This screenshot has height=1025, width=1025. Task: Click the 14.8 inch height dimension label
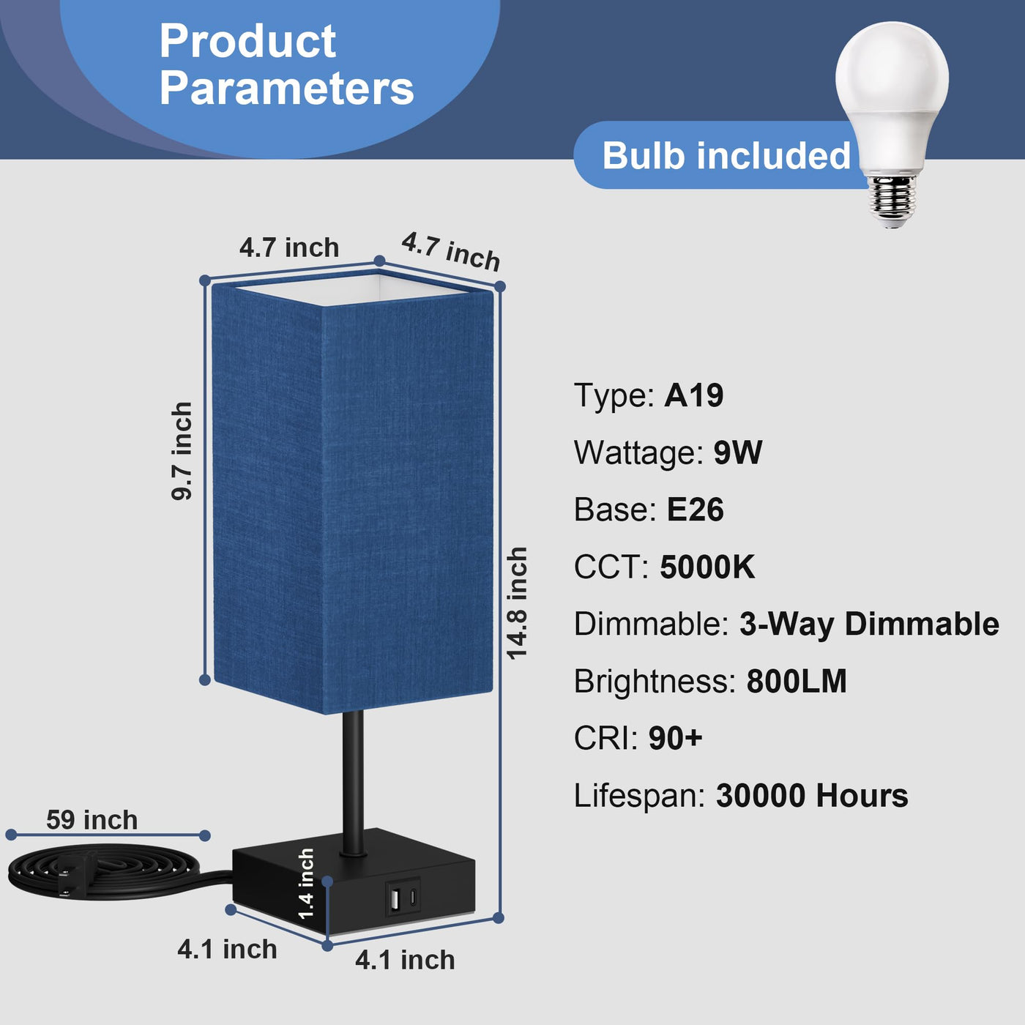click(516, 603)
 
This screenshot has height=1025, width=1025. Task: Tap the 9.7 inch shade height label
click(182, 451)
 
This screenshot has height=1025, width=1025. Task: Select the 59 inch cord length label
click(92, 820)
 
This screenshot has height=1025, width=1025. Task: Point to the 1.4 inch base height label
click(306, 884)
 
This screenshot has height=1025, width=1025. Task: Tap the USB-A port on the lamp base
click(395, 899)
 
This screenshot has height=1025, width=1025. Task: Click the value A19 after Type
click(693, 395)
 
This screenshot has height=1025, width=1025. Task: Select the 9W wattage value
click(738, 452)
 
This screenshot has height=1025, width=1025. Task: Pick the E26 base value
click(696, 510)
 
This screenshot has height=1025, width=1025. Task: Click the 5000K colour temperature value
click(707, 567)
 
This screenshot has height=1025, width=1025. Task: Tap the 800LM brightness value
click(797, 681)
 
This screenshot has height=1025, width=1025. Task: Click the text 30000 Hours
click(812, 796)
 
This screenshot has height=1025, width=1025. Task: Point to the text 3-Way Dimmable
click(869, 624)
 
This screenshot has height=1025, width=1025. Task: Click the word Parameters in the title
click(287, 88)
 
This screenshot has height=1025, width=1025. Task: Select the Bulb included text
click(726, 155)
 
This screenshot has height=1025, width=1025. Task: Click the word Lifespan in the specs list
click(639, 797)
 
